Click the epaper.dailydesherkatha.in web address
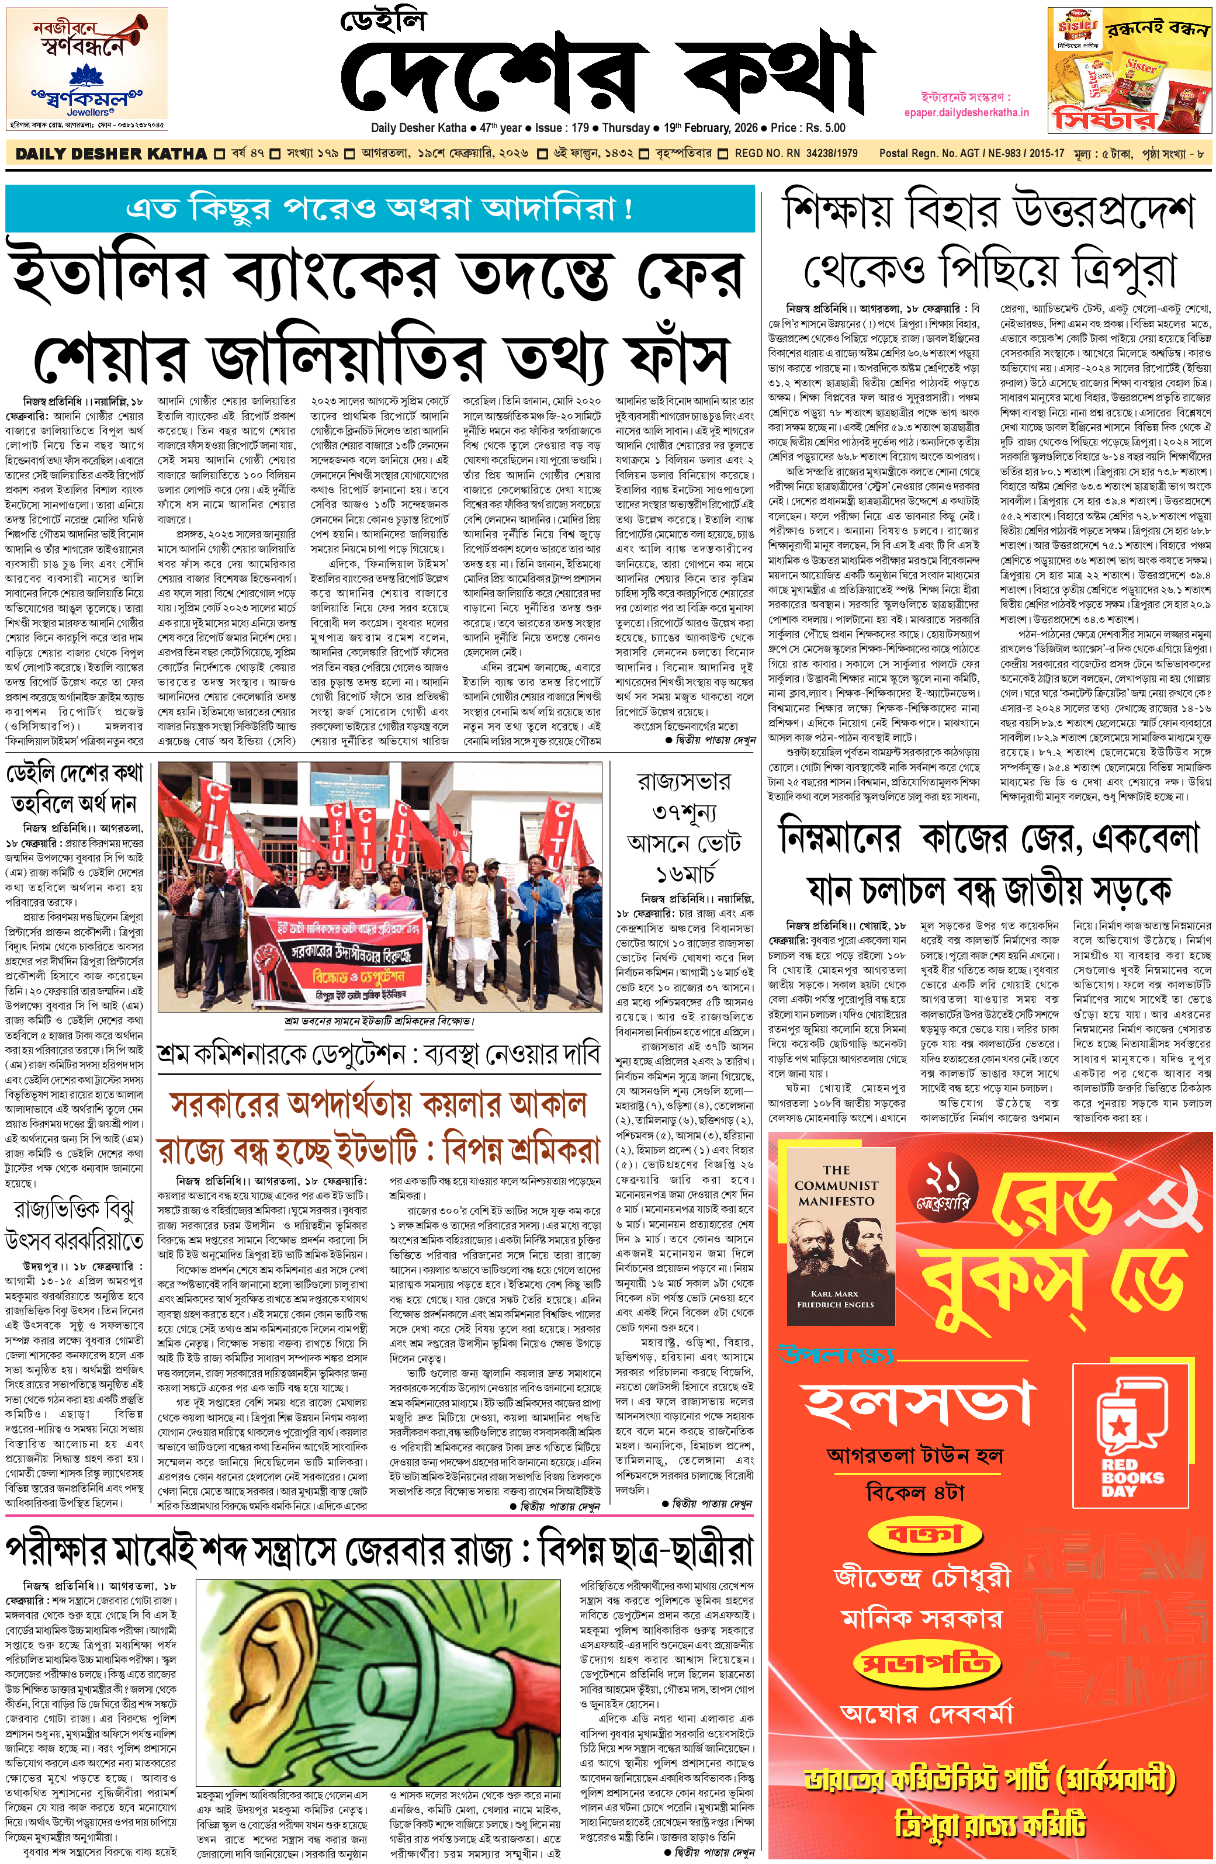point(966,112)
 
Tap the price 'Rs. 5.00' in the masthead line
point(819,127)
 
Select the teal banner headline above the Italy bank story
point(380,209)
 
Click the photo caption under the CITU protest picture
point(379,1021)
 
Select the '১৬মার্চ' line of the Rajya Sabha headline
point(685,874)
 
